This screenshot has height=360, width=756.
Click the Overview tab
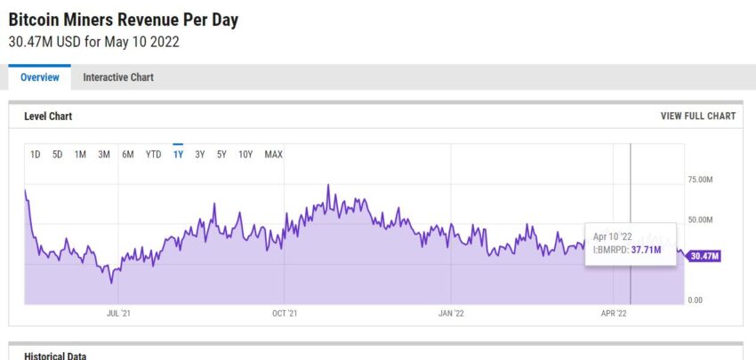click(x=40, y=77)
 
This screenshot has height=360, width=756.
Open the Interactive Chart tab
click(x=118, y=77)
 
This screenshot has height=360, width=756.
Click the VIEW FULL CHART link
click(x=697, y=116)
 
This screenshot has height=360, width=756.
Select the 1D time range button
click(x=36, y=155)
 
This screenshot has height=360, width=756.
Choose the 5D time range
click(x=57, y=155)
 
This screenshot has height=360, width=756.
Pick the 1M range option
click(x=80, y=155)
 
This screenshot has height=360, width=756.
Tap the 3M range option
click(x=104, y=155)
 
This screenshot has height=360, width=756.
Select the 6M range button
click(x=128, y=155)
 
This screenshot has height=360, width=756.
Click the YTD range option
click(x=154, y=155)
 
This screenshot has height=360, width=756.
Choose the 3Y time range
click(x=200, y=155)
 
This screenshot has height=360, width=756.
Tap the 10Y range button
click(x=245, y=155)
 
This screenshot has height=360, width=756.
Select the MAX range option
click(x=273, y=155)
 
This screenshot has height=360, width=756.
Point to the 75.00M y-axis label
click(x=701, y=180)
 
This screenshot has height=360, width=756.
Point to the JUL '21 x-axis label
click(x=119, y=313)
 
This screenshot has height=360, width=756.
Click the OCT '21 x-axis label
click(x=284, y=313)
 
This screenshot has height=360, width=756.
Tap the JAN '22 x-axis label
click(x=452, y=313)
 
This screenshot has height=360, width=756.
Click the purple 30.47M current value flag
click(x=704, y=256)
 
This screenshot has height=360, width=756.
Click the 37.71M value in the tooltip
click(x=647, y=250)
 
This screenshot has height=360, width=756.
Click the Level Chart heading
click(x=48, y=116)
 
